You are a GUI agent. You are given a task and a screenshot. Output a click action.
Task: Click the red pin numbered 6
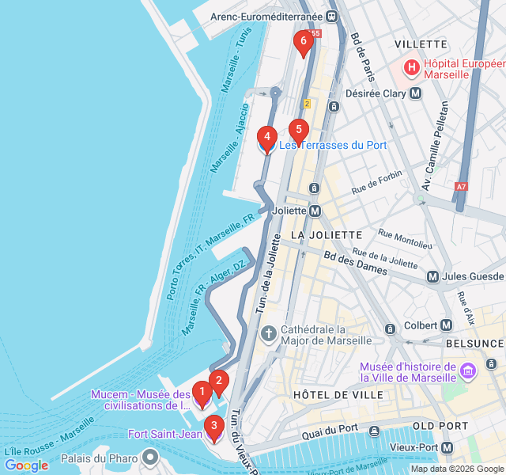(302, 43)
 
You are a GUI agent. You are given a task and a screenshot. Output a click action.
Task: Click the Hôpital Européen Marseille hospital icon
(412, 68)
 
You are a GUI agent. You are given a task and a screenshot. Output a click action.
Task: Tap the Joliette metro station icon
(316, 211)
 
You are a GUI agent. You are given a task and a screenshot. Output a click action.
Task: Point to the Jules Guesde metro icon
(432, 276)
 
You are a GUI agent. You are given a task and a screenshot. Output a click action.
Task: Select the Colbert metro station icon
(447, 325)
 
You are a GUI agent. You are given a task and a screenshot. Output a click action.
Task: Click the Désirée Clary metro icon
(416, 93)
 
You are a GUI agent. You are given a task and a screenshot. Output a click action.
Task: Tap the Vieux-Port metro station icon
(448, 448)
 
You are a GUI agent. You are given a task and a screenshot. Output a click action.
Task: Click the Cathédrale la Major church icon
(268, 334)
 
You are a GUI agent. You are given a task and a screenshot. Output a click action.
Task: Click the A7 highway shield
(462, 187)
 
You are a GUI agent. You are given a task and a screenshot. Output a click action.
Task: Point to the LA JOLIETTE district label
(327, 235)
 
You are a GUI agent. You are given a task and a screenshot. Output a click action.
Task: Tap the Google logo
(26, 465)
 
